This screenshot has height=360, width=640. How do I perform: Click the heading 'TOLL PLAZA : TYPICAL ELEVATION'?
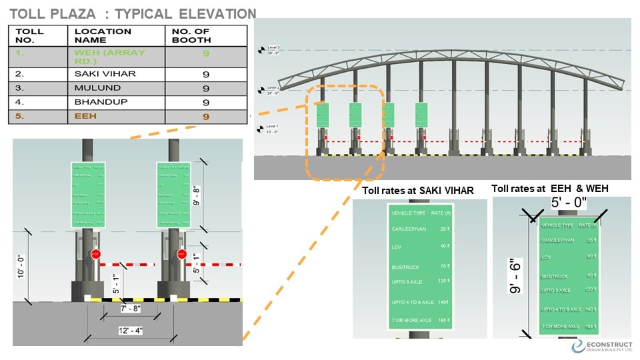134,14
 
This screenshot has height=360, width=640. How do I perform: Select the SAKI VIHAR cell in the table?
105,73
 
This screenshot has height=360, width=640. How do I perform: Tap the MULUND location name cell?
97,88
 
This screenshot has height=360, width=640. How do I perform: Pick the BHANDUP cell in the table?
101,102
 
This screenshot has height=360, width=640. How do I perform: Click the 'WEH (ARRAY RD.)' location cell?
109,56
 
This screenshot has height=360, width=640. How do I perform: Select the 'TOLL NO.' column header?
29,35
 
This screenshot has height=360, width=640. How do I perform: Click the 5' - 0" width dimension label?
568,202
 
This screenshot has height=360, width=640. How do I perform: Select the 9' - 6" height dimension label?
514,276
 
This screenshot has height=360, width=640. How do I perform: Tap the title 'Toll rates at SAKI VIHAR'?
418,191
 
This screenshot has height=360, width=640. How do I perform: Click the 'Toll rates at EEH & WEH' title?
550,189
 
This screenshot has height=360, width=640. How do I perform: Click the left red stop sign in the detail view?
95,254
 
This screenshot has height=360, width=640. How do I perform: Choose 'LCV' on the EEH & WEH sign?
547,257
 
